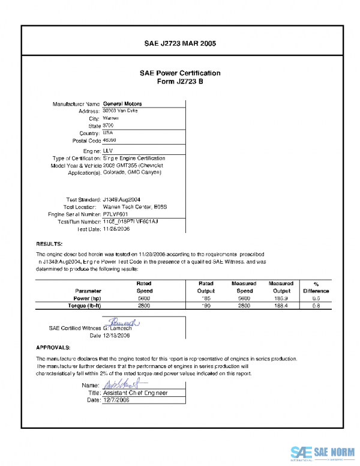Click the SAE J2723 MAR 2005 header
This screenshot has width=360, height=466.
[x=180, y=43]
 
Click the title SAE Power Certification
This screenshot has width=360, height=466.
[x=180, y=73]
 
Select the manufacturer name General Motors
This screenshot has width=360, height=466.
[x=122, y=104]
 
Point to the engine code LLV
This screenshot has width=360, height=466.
[x=108, y=150]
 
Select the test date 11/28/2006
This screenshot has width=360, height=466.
[x=116, y=229]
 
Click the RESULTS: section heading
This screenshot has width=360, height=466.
[x=50, y=244]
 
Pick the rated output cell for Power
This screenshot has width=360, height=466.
[x=206, y=298]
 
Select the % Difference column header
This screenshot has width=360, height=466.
[x=316, y=287]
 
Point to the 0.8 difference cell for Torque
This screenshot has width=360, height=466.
[x=316, y=306]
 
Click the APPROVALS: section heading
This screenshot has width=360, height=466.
[x=53, y=348]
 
